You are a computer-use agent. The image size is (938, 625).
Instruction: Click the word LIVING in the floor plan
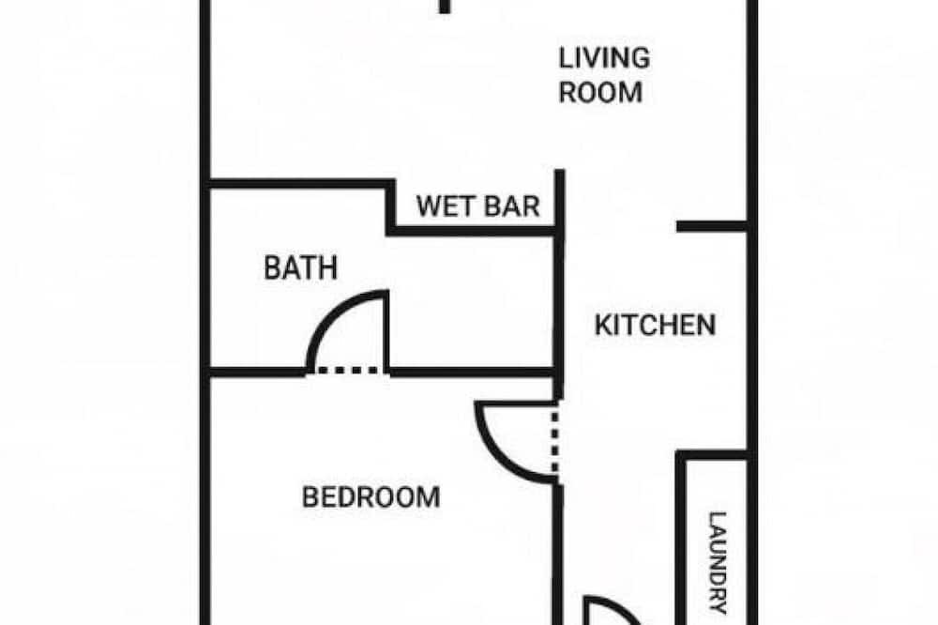[604, 58]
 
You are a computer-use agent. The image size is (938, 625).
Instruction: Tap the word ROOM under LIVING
[600, 92]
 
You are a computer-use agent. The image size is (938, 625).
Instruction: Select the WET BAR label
[478, 206]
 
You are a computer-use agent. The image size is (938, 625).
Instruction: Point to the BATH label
[300, 267]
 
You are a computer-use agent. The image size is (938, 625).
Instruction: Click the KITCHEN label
[655, 325]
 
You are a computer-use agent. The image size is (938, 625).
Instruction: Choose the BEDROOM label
[371, 497]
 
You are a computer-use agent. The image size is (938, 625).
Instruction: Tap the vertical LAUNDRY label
[718, 563]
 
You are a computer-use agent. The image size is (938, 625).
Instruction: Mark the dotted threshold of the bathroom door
[348, 372]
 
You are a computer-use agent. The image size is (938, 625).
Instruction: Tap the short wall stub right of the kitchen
[712, 226]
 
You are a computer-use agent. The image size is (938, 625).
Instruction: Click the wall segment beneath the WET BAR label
[473, 231]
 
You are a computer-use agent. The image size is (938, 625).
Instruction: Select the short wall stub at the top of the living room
[445, 7]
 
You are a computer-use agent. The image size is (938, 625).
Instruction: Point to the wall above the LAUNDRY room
[712, 455]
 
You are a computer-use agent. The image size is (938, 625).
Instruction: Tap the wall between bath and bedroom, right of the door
[472, 373]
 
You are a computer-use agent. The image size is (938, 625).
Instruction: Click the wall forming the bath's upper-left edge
[299, 184]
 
